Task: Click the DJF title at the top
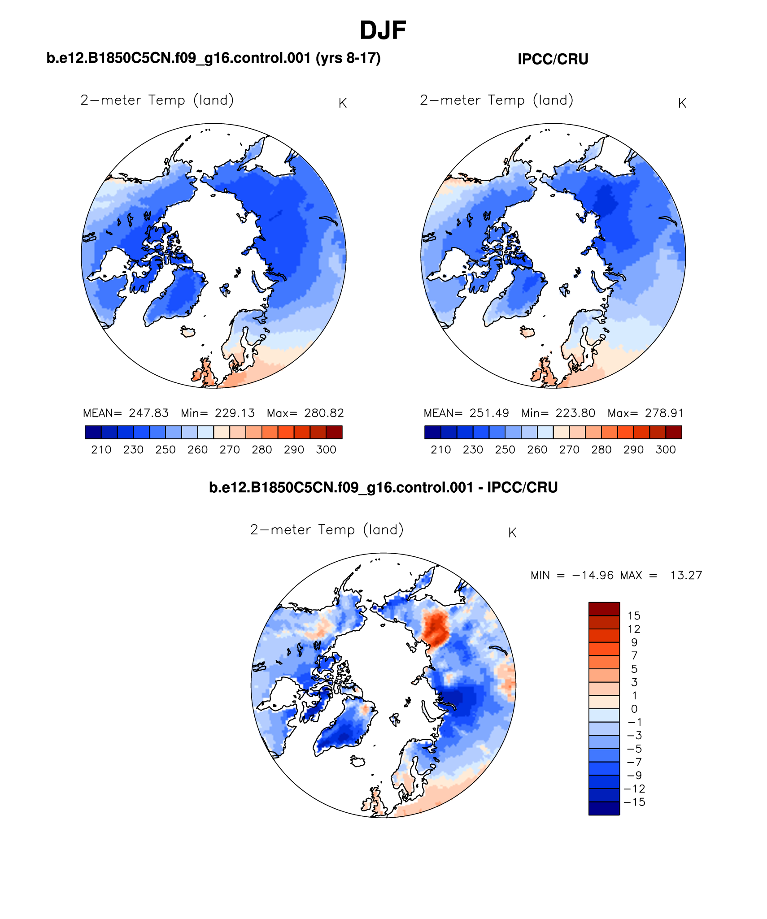click(x=383, y=31)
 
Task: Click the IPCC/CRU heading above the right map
click(x=553, y=59)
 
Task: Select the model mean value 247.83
click(x=148, y=413)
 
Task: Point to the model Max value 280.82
click(x=324, y=413)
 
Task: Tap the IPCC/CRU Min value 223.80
click(x=575, y=413)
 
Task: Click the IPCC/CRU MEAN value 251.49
click(x=489, y=413)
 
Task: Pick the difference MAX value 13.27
click(x=686, y=575)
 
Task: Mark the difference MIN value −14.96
click(x=593, y=575)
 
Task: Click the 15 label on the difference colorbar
click(x=634, y=616)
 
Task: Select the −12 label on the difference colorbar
click(x=634, y=789)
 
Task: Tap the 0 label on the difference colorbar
click(x=634, y=709)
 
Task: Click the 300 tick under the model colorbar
click(x=326, y=450)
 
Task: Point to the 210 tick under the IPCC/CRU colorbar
click(x=440, y=450)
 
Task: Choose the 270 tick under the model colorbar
click(x=230, y=450)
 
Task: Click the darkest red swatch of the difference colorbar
click(x=604, y=609)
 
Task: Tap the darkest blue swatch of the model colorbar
click(x=93, y=432)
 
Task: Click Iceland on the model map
click(x=188, y=332)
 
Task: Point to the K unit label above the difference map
click(x=512, y=533)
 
